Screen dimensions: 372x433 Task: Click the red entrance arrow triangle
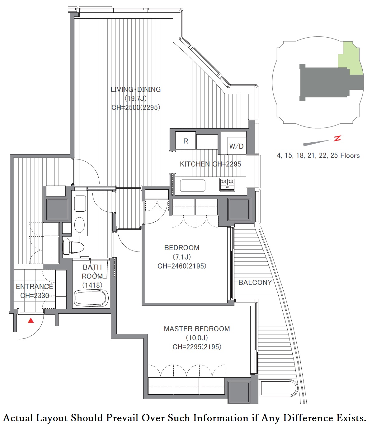coord(31,320)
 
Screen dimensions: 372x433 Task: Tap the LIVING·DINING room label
coord(135,90)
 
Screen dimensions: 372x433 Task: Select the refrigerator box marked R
coord(186,140)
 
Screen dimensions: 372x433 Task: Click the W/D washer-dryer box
coord(237,146)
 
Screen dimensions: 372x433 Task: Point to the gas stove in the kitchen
coord(228,185)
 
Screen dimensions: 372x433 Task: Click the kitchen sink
coord(192,186)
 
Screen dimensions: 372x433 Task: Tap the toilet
coord(73,247)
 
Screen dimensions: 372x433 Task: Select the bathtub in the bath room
coord(92,298)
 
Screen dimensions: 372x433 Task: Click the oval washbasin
coord(79,225)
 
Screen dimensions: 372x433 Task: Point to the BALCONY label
coord(255,282)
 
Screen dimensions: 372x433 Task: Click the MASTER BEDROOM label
coord(197,329)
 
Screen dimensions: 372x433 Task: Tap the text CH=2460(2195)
coord(182,266)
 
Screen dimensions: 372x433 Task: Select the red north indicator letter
coord(337,138)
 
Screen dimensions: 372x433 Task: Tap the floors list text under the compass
coord(318,155)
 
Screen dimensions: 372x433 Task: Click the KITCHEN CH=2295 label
coord(210,164)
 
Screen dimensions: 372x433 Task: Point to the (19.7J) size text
coord(135,98)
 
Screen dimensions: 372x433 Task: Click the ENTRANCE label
coord(35,286)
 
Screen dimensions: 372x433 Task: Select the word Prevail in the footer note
coord(122,418)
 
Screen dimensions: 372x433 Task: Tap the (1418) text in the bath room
coord(92,285)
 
